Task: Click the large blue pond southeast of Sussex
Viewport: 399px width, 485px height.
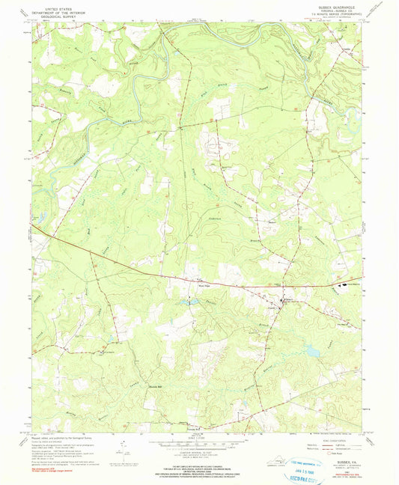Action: tap(308, 350)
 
